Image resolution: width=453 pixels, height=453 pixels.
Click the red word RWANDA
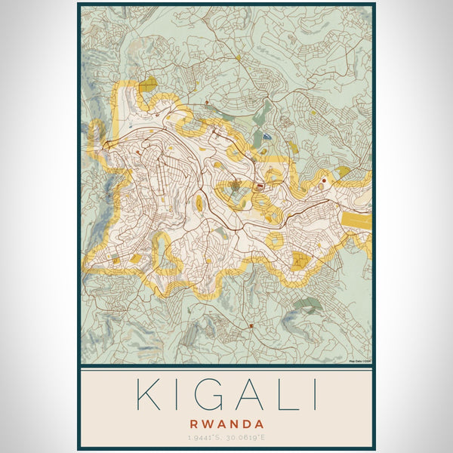[226, 424]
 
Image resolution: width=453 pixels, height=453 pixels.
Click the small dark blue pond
[267, 137]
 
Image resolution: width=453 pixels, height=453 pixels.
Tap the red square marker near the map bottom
[251, 325]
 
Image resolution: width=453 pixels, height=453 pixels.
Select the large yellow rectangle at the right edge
[356, 220]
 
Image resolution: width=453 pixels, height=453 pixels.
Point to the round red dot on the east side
[324, 181]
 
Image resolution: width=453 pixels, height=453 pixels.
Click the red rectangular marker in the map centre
[260, 185]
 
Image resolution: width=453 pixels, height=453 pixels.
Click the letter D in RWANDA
[247, 424]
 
